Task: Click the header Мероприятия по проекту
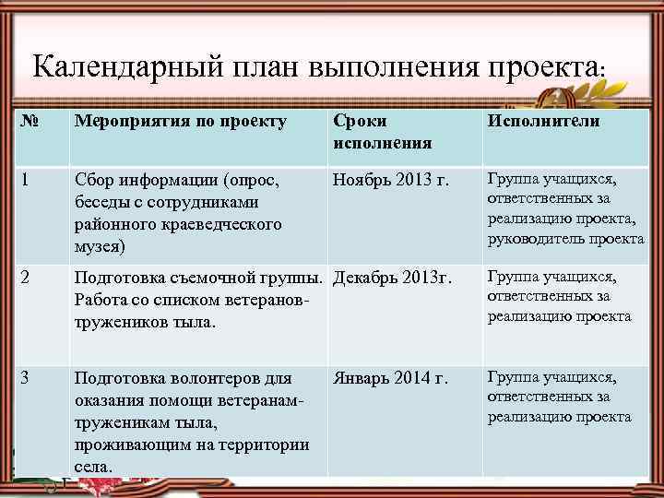(180, 122)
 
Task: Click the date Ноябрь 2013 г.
(391, 180)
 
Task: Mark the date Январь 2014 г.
(390, 378)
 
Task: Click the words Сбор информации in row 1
(143, 180)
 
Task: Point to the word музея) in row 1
(101, 246)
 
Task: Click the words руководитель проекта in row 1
(565, 239)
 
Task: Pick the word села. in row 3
(93, 467)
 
